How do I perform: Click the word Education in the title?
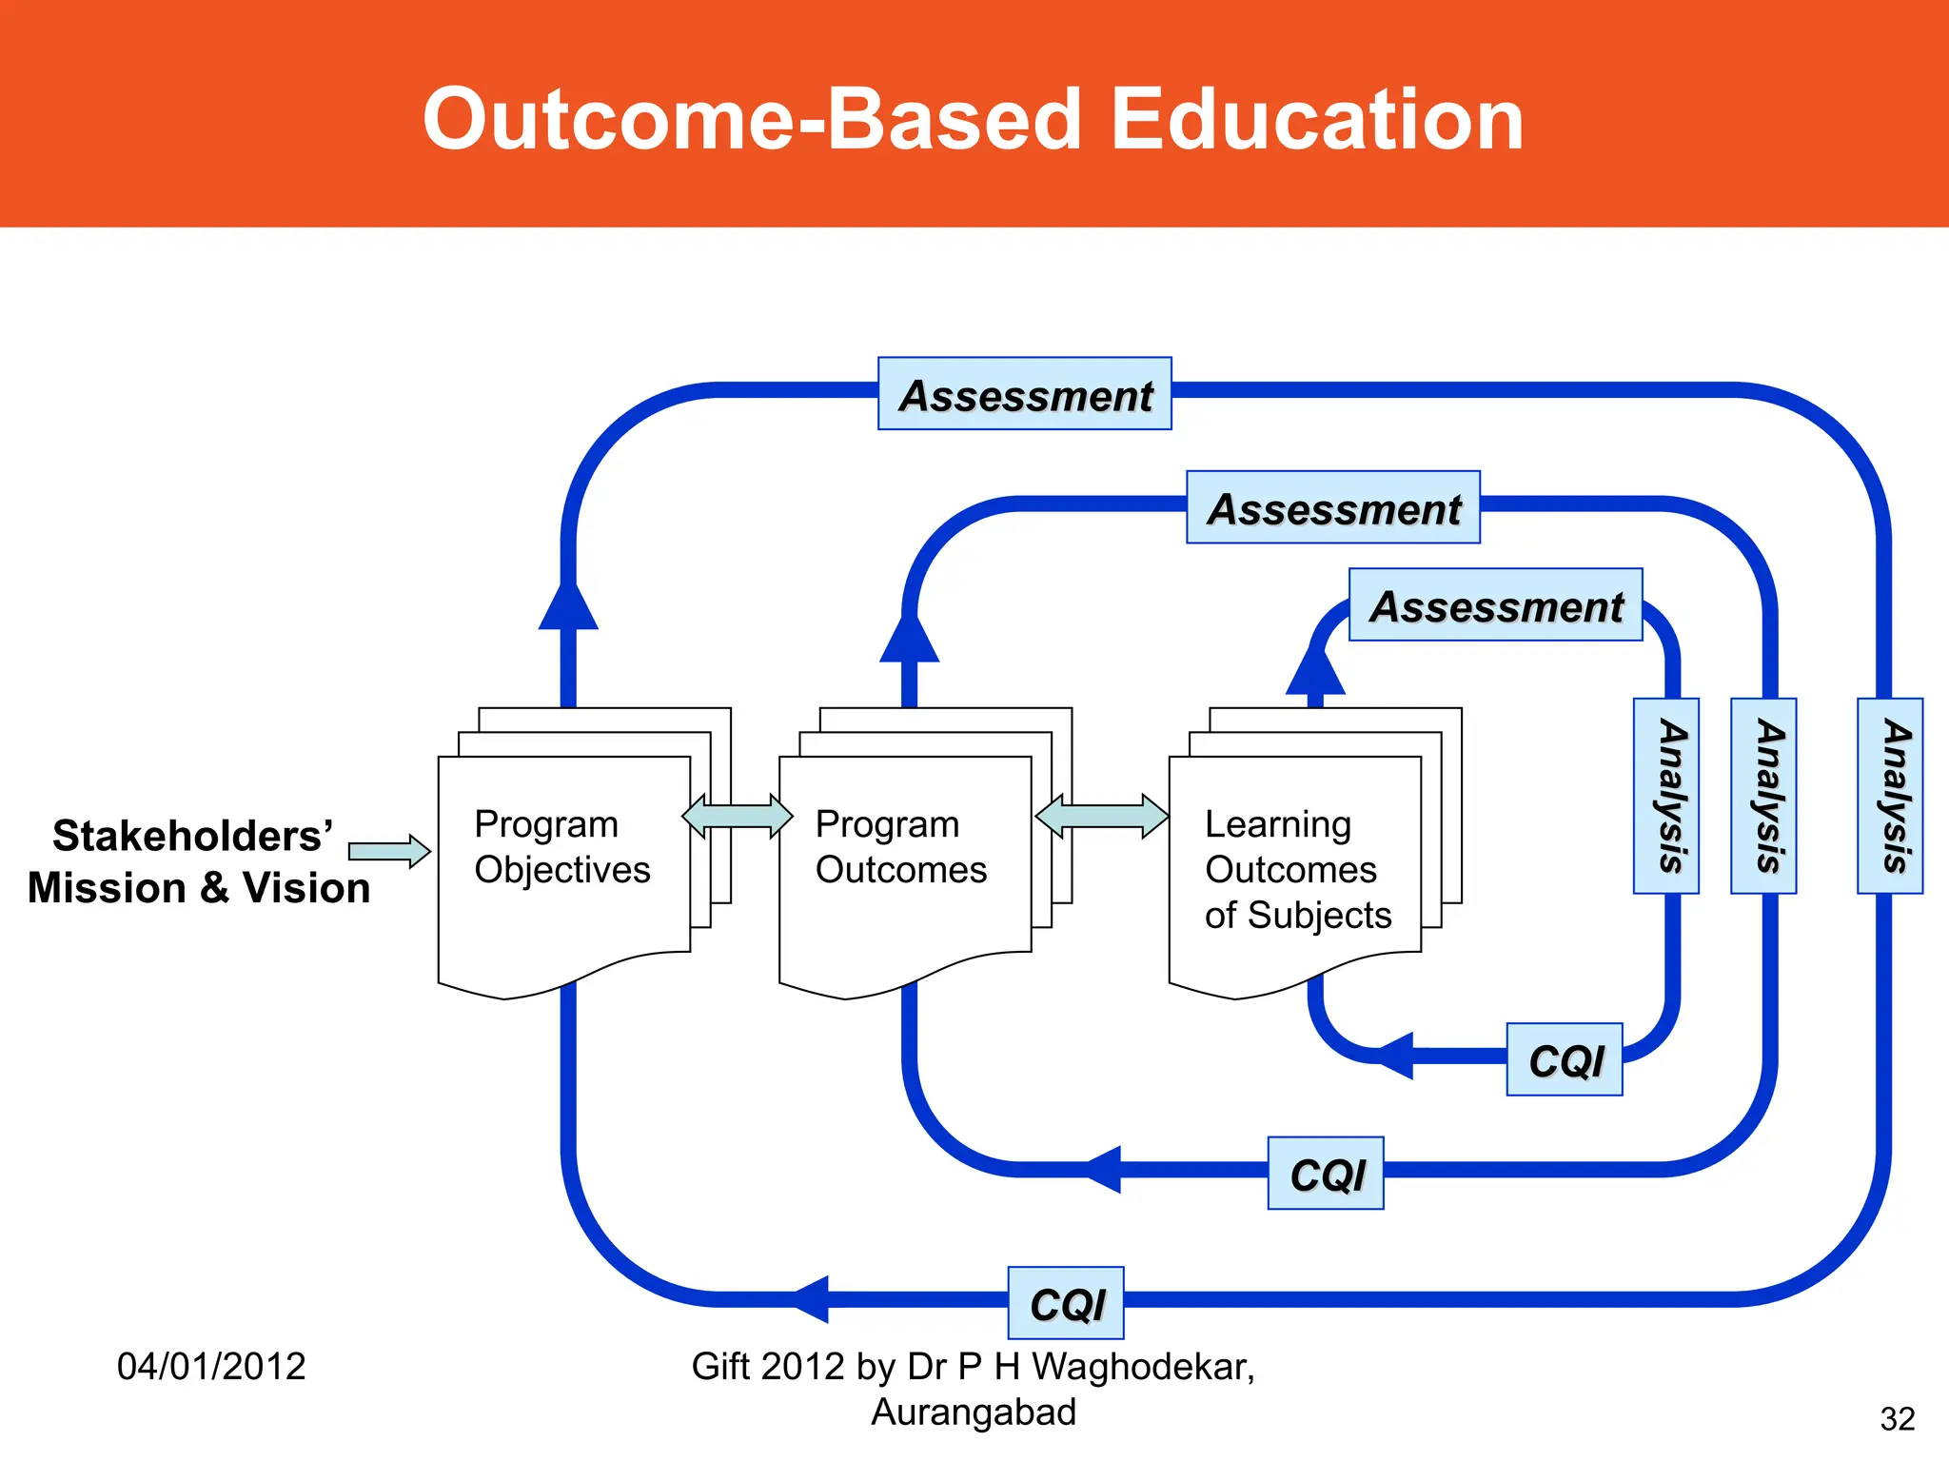1317,120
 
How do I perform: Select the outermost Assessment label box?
1024,394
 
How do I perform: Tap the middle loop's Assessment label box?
1332,507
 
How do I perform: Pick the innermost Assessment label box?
1495,605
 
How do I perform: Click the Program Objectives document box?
563,866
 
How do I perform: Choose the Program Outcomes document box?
904,866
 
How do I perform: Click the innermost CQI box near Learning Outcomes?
1564,1059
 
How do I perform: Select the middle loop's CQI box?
1325,1173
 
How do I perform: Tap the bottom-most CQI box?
1065,1303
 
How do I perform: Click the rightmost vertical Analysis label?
1890,796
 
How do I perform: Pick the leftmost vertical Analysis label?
1665,796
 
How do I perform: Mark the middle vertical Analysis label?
1762,796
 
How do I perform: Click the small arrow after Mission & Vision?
389,851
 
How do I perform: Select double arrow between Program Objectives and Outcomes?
738,816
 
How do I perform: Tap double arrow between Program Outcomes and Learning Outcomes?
1101,816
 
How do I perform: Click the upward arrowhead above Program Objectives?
568,606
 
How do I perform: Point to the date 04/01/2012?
211,1366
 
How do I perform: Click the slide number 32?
1897,1419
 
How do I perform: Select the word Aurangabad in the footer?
973,1412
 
